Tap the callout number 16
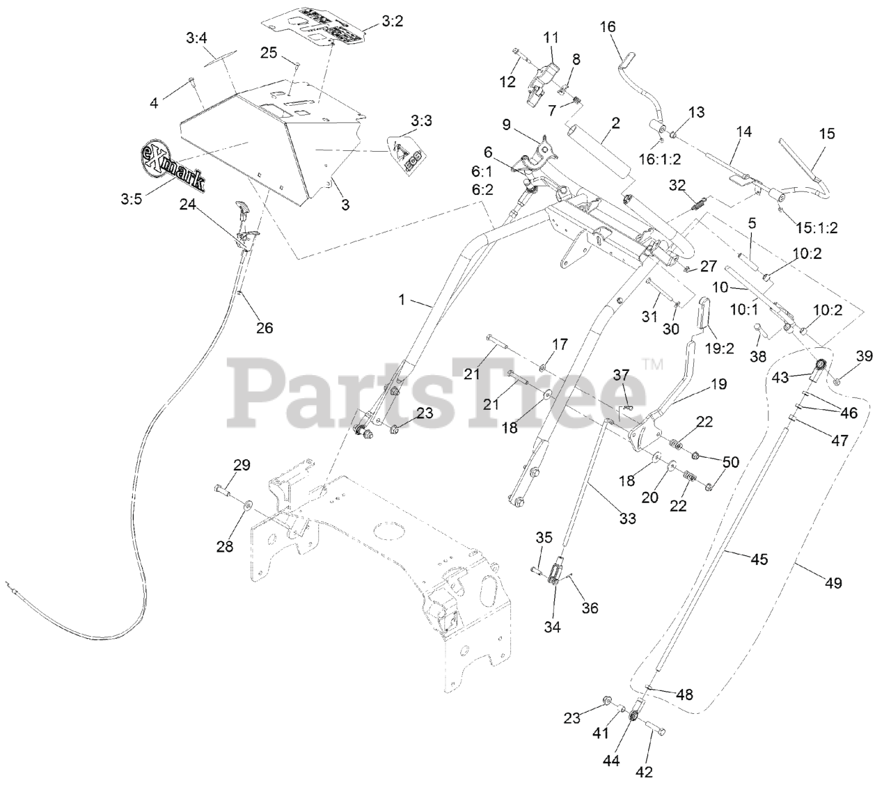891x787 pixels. point(607,26)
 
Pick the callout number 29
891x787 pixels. point(242,465)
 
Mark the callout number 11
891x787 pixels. point(551,37)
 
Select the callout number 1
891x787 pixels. point(401,300)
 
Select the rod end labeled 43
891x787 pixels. point(819,365)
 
